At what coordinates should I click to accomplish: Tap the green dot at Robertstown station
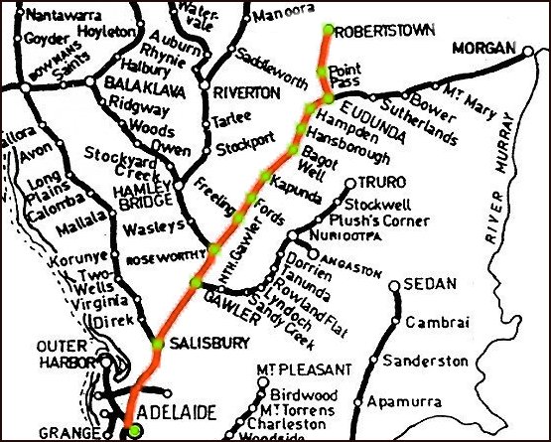coord(329,28)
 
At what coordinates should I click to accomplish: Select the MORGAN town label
coord(486,49)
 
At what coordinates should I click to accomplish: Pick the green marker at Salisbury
coord(157,344)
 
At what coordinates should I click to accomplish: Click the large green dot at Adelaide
coord(135,430)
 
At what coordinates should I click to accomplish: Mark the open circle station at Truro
coord(348,183)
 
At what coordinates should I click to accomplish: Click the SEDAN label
coord(430,283)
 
